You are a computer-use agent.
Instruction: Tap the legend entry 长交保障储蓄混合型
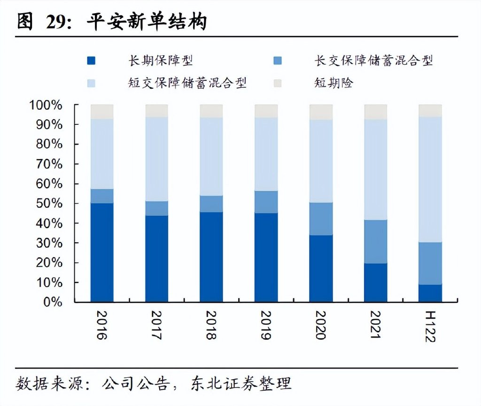[373, 61]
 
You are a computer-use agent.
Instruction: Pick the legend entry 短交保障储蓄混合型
[187, 84]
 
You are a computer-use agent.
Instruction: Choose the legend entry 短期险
[334, 84]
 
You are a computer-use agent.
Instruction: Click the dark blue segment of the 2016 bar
[102, 252]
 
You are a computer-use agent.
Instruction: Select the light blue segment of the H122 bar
[430, 179]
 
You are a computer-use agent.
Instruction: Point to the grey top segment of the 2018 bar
[211, 111]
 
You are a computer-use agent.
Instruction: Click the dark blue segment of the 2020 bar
[321, 268]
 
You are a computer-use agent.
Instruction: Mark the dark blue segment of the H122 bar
[430, 293]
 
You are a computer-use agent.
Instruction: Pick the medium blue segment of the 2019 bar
[266, 202]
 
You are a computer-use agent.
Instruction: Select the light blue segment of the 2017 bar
[156, 159]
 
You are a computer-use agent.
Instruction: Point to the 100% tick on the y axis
[46, 105]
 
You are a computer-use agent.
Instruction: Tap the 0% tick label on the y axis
[52, 302]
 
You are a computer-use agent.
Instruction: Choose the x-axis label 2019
[266, 325]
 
